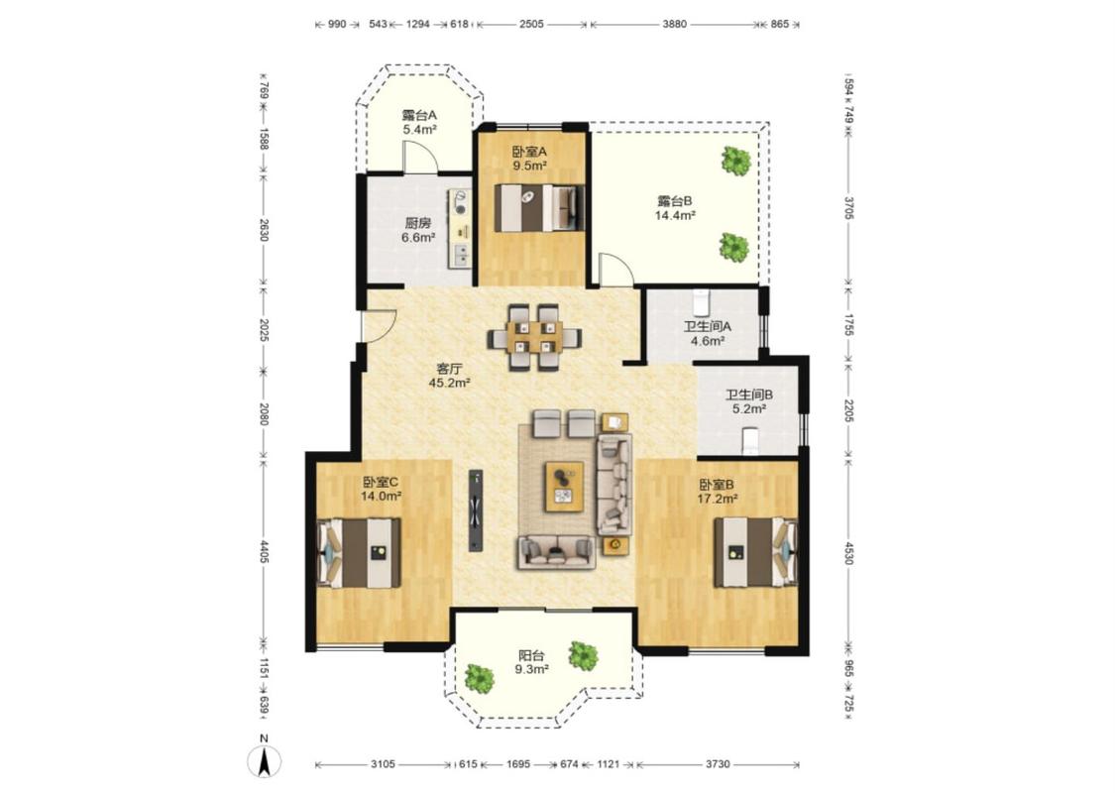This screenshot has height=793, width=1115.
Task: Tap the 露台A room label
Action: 419,115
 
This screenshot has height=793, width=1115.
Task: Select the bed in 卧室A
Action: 539,208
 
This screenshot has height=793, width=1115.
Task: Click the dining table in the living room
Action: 534,336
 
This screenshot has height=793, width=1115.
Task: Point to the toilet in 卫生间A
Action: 702,302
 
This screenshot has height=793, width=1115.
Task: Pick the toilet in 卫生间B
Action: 750,441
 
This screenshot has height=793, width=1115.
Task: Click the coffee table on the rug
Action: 564,487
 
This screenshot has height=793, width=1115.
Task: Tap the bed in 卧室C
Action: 359,552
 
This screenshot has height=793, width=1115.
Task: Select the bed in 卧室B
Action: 755,552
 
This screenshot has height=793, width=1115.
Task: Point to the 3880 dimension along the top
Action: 674,24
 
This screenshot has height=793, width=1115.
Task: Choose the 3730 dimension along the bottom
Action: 718,764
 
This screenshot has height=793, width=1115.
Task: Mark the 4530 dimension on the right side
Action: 847,552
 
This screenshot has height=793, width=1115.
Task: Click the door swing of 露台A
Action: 419,157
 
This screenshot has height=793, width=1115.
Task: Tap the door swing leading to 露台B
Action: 615,270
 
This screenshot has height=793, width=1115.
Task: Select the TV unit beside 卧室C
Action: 476,510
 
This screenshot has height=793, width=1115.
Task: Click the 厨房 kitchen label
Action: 418,223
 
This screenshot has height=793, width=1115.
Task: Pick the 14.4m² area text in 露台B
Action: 675,215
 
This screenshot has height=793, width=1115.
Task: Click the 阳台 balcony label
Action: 531,655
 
